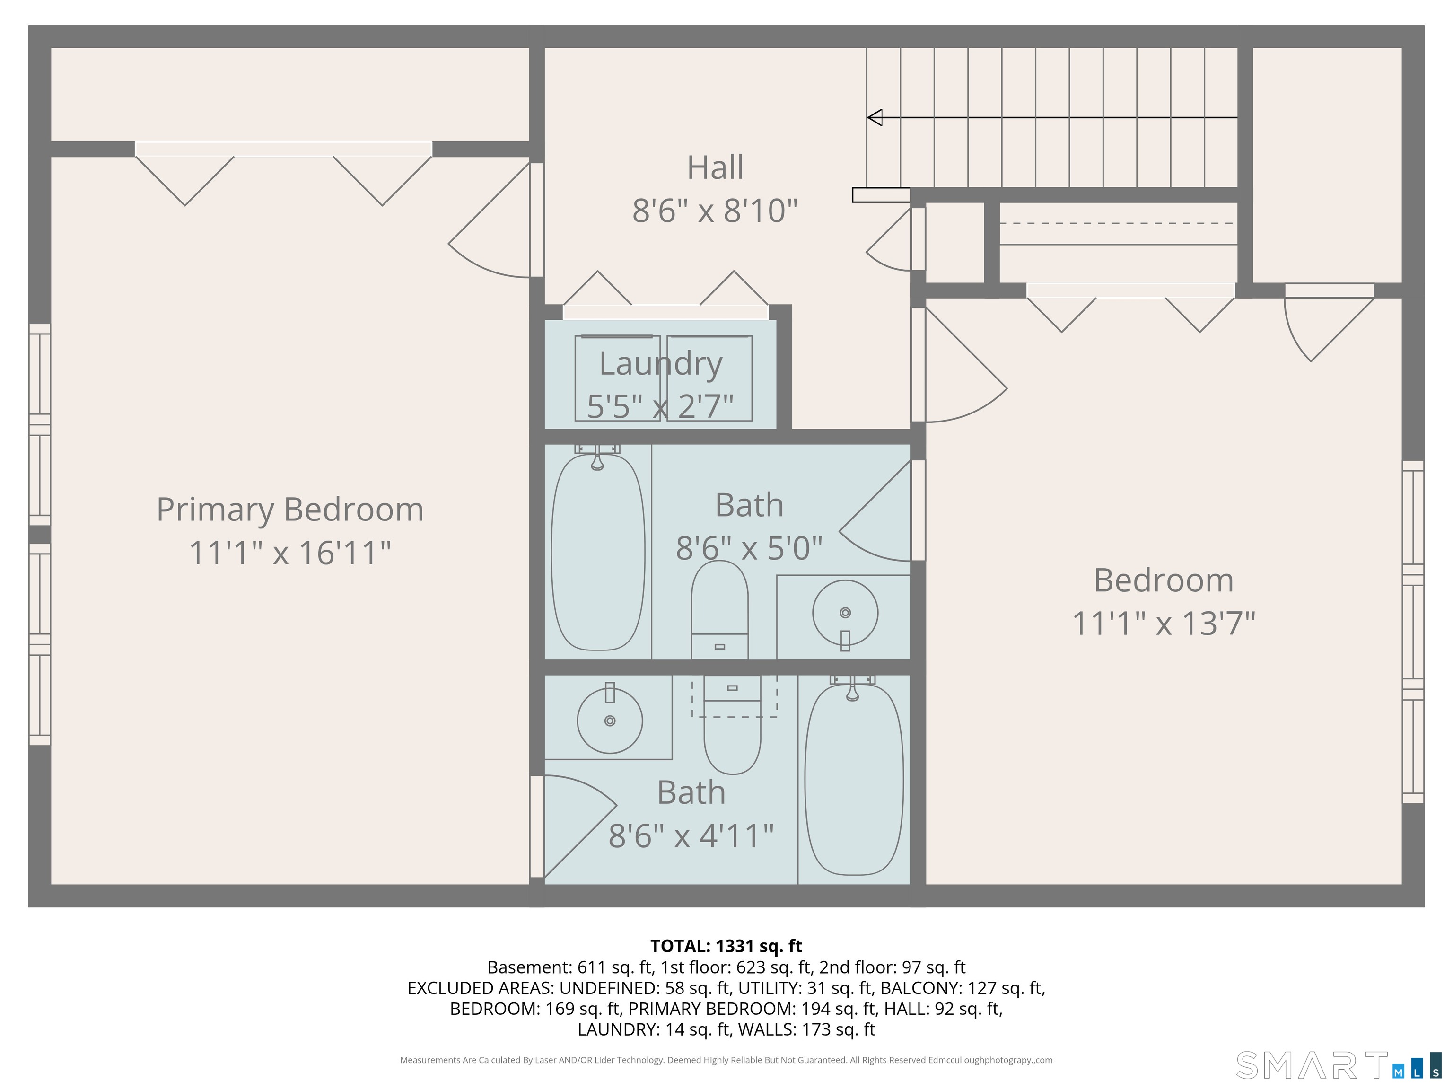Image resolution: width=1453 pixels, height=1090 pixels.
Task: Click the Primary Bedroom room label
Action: (x=289, y=510)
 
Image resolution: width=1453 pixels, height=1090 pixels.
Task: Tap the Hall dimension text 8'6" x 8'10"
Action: (x=715, y=211)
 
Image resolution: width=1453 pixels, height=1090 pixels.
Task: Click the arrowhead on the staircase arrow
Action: (x=874, y=118)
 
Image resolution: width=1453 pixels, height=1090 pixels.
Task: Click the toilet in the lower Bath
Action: (x=732, y=725)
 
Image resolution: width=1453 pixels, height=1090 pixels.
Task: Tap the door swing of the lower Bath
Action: (x=576, y=826)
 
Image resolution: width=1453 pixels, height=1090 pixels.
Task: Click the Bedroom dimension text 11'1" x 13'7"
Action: (x=1164, y=624)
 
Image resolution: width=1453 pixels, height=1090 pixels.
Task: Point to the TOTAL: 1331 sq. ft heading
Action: (x=726, y=946)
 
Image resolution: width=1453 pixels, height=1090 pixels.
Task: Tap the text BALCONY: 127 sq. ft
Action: (x=963, y=988)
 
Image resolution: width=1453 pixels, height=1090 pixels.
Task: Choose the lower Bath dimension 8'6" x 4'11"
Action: (x=691, y=836)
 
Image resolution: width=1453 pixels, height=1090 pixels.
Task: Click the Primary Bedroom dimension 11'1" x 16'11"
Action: (x=289, y=553)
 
